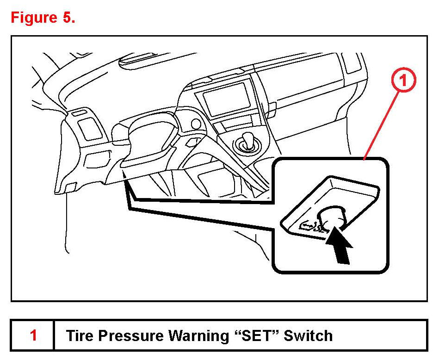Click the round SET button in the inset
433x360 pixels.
[x=332, y=217]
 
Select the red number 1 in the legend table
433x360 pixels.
[x=33, y=335]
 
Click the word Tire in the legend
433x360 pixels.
[x=78, y=335]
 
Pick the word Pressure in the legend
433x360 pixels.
[x=122, y=335]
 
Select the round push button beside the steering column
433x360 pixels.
[x=196, y=124]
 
